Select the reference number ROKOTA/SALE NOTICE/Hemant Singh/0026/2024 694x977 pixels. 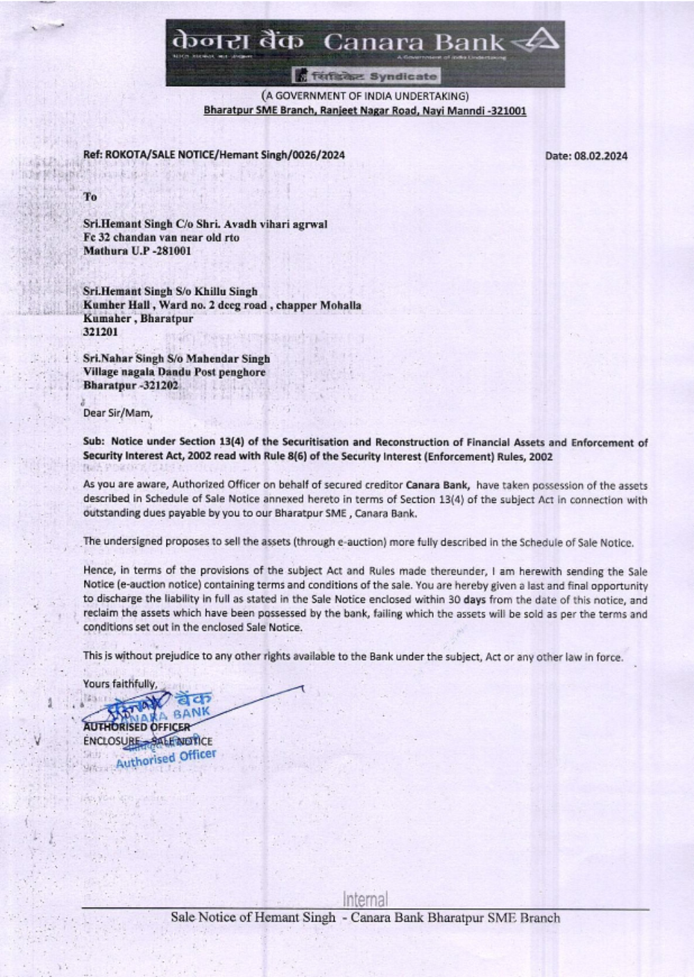[224, 155]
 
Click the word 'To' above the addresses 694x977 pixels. [90, 196]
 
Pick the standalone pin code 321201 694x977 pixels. [100, 332]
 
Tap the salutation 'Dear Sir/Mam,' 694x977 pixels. [117, 413]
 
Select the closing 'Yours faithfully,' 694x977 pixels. [120, 683]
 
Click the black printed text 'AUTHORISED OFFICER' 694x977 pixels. [136, 727]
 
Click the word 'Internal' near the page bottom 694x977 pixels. [365, 900]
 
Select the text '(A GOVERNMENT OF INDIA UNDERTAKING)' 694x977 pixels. [365, 96]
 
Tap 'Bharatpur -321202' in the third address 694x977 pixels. [130, 385]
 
